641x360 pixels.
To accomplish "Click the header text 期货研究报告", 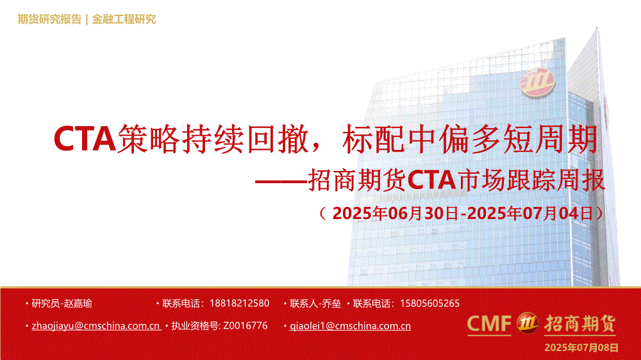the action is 49,19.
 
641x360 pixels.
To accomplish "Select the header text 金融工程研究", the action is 124,19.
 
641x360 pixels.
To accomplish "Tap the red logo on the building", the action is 537,83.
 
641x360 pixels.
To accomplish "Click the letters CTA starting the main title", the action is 85,139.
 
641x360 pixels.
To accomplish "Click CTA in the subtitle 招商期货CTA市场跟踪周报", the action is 431,180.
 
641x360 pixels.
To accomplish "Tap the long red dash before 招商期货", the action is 281,181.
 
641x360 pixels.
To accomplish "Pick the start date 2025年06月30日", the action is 395,213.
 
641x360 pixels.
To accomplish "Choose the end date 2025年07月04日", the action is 530,213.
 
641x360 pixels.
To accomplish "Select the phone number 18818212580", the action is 240,304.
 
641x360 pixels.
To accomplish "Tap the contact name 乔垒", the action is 331,304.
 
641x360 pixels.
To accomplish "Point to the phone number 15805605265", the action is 429,304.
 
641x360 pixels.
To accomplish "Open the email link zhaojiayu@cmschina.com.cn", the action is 96,325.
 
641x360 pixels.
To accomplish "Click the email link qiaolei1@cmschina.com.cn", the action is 351,325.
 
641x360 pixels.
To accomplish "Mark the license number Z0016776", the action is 246,325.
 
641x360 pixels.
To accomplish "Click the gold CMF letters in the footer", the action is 489,323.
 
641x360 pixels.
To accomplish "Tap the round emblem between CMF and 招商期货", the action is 528,323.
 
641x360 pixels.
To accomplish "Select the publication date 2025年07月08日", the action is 581,348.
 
